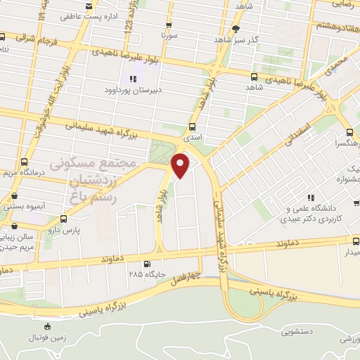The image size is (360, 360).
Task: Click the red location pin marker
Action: pos(181,165)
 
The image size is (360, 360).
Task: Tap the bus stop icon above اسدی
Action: pos(193,127)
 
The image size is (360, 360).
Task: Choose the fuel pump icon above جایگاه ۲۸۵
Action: pos(146,264)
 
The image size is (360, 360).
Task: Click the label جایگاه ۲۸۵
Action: pos(146,275)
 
